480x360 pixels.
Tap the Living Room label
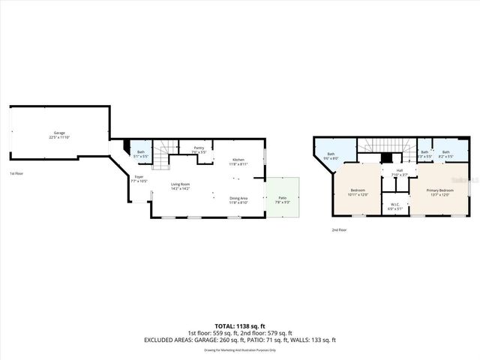[180, 186]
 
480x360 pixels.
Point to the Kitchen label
[238, 161]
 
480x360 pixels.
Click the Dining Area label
[238, 199]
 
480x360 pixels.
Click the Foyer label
[139, 179]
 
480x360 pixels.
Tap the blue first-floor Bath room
[141, 154]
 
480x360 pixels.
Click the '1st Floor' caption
[16, 174]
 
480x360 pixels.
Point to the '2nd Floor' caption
[339, 230]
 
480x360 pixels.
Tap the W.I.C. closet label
[395, 205]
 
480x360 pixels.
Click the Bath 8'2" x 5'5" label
[445, 154]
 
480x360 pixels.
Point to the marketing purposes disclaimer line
[240, 349]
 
